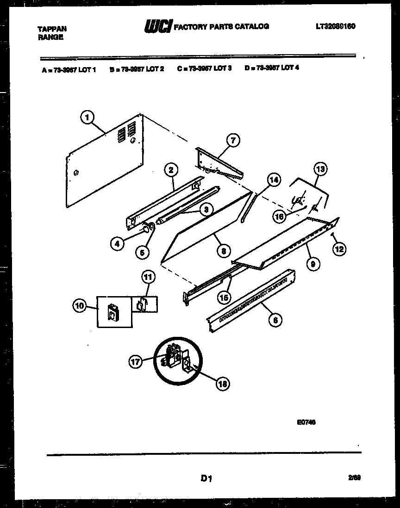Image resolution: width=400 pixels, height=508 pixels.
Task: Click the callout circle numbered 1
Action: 86,118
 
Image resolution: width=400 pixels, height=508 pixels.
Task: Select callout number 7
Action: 233,140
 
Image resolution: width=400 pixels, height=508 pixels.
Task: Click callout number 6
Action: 275,319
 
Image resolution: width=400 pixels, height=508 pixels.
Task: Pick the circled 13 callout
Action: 319,169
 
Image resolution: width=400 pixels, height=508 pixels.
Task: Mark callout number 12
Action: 339,249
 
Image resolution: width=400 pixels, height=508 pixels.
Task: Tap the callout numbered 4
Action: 119,243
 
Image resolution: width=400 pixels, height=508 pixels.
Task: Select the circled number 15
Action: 225,297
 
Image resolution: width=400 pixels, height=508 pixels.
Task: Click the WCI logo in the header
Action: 157,27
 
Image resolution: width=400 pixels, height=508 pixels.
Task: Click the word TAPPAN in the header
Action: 51,29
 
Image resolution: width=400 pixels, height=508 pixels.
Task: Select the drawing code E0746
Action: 307,421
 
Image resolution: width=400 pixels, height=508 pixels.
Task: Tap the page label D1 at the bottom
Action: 206,479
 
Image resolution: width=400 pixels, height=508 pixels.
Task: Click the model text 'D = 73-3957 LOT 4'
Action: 272,68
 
